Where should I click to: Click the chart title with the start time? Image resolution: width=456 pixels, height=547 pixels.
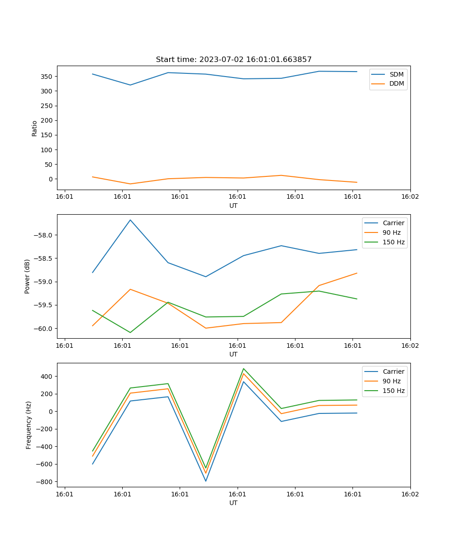(233, 60)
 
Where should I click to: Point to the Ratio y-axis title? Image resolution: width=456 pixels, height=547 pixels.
(35, 128)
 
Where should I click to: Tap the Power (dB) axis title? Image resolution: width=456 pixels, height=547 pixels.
(27, 276)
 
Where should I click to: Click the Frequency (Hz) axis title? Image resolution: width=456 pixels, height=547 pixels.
(28, 425)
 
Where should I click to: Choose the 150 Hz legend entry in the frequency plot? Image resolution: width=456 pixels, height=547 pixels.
(394, 391)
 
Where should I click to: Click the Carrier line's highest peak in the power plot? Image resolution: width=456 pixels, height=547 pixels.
(130, 220)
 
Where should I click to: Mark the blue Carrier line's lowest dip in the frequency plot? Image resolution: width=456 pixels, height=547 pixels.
(206, 481)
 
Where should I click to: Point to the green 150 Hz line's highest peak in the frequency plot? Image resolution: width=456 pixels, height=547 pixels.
(244, 368)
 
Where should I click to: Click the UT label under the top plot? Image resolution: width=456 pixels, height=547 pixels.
(233, 206)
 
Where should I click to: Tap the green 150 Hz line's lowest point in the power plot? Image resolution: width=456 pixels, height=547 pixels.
(130, 332)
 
